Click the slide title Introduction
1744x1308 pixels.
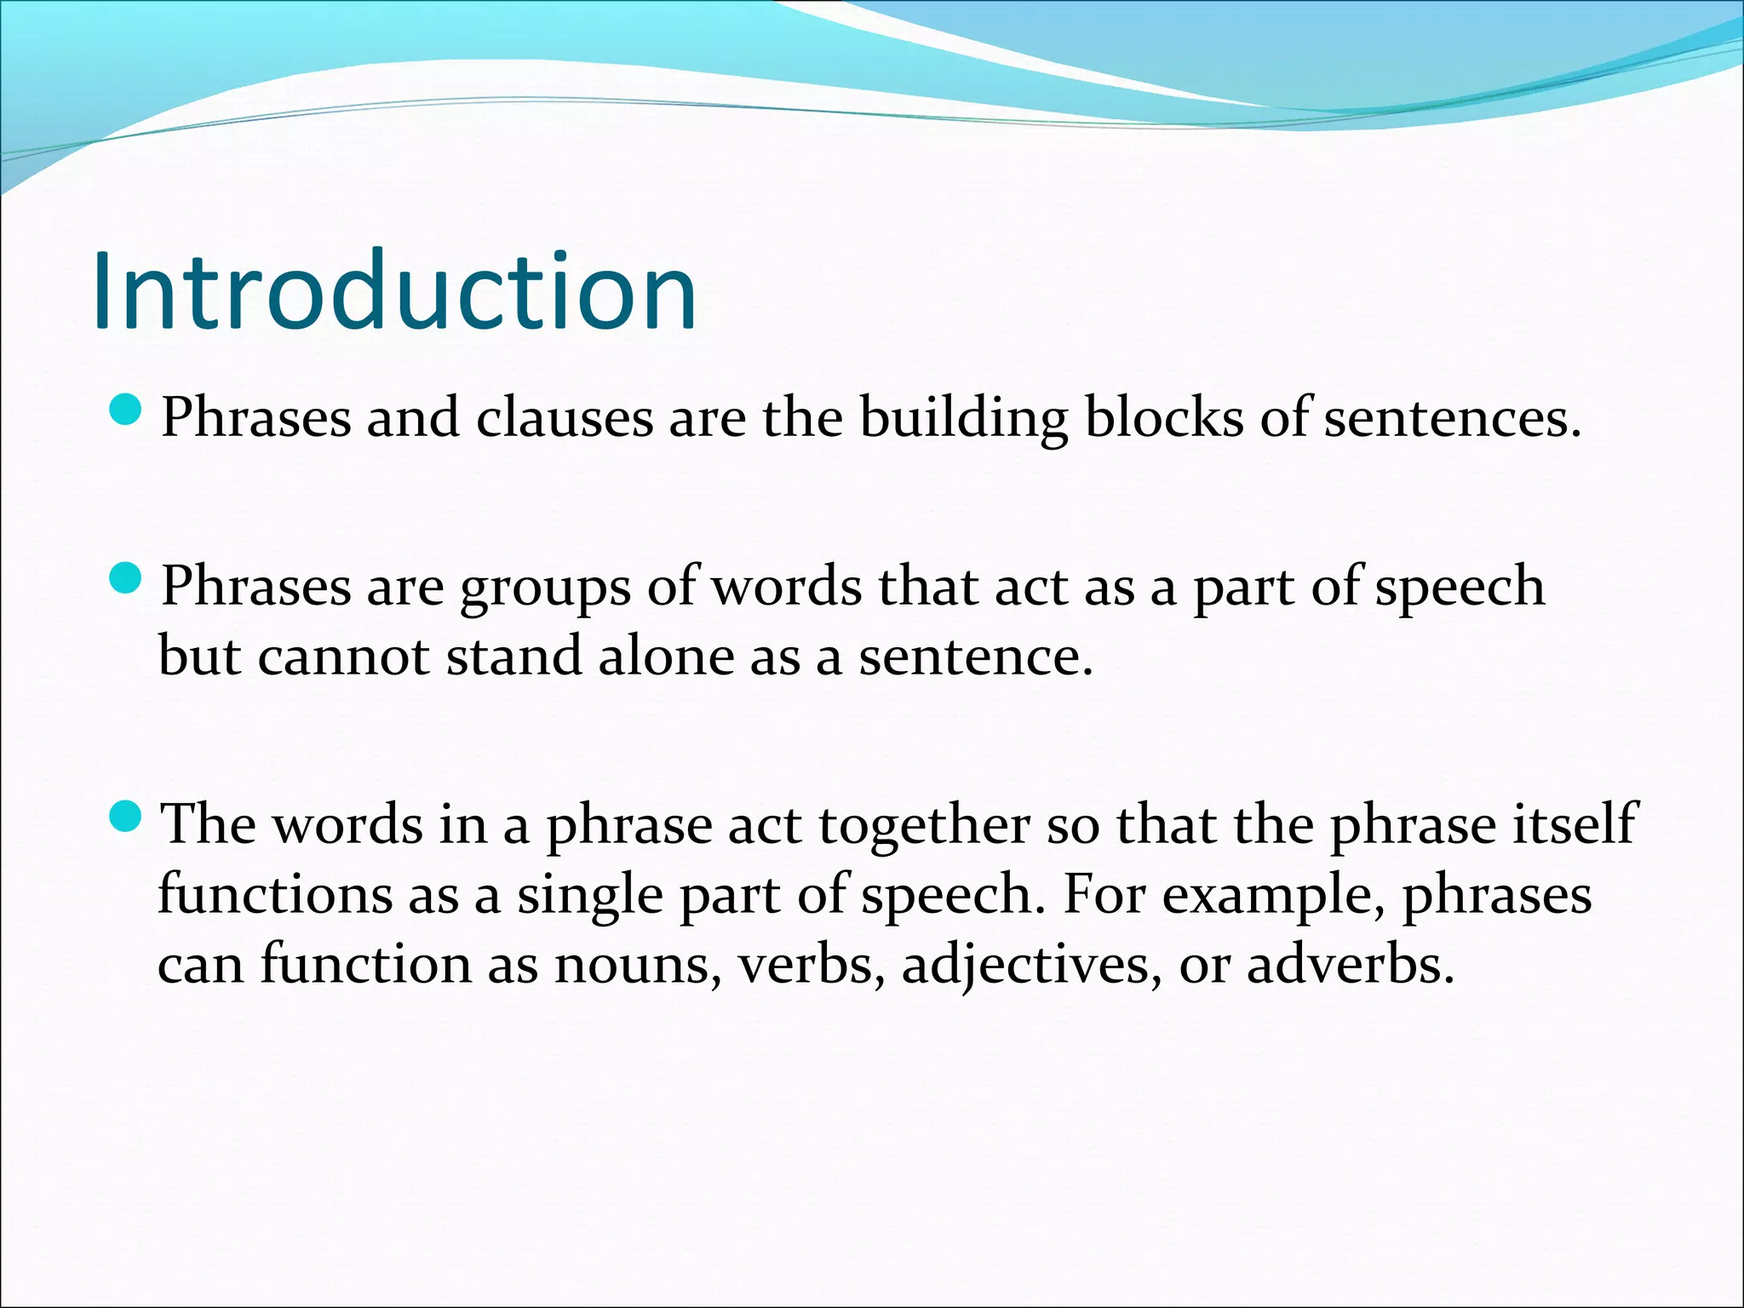(x=394, y=291)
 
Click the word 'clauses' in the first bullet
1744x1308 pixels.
(x=564, y=418)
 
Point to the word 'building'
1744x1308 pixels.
(x=963, y=418)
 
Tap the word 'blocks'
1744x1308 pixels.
(x=1163, y=418)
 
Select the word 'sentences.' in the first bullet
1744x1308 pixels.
(x=1452, y=418)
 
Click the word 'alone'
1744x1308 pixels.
(x=666, y=657)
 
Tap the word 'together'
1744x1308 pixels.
(x=924, y=826)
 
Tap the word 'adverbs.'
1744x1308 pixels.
(x=1351, y=965)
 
